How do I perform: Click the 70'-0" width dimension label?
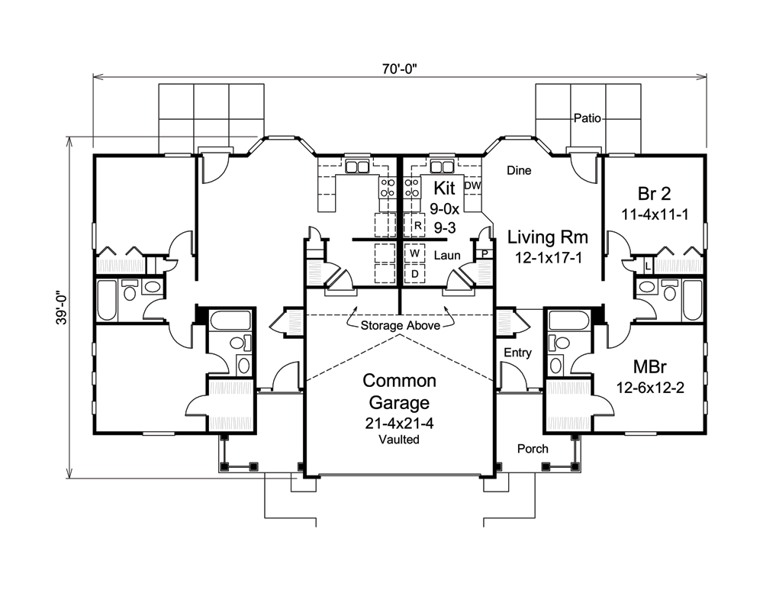(x=399, y=68)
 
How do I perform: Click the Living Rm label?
(x=545, y=237)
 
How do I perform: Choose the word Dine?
(x=519, y=171)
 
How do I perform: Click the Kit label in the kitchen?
(x=444, y=187)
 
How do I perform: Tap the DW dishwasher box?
(x=472, y=185)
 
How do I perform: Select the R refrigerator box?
(x=417, y=226)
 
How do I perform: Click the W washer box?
(x=415, y=253)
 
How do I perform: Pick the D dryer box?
(x=415, y=272)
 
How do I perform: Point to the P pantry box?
(x=485, y=254)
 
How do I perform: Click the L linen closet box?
(x=647, y=266)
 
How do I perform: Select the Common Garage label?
(x=399, y=392)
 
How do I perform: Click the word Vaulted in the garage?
(x=399, y=440)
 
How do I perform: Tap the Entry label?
(x=518, y=353)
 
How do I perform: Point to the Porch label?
(x=532, y=449)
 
